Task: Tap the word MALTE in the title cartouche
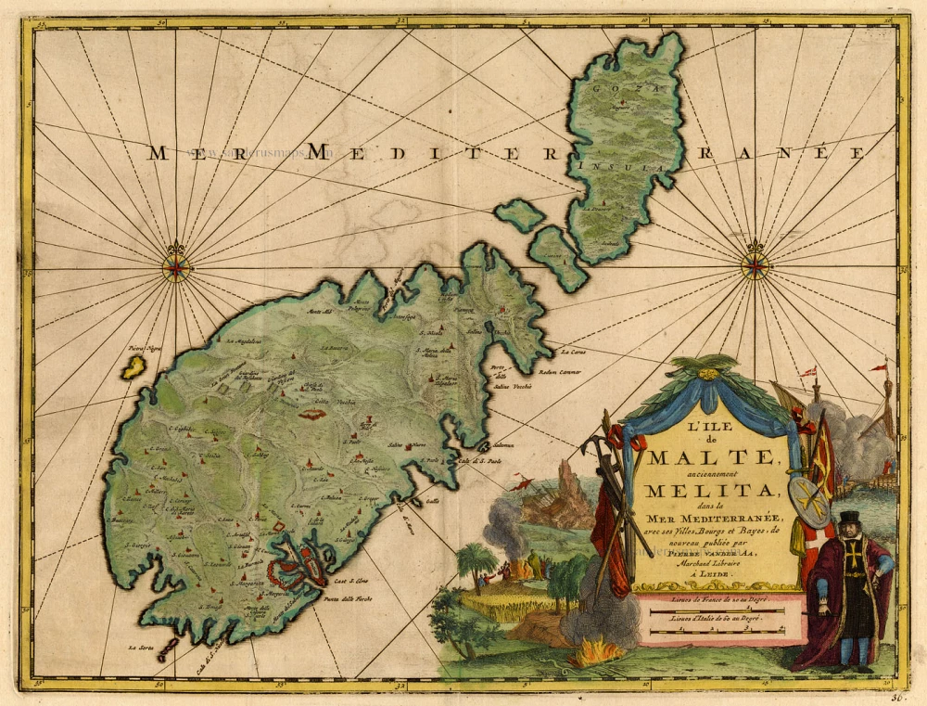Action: point(710,456)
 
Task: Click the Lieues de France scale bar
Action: point(714,608)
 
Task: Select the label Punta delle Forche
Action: point(349,599)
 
